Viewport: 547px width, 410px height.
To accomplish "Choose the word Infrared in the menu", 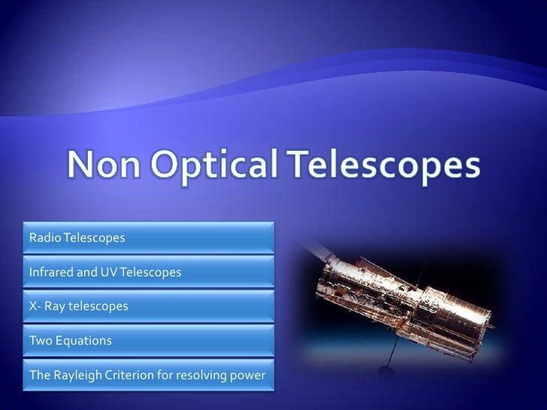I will (52, 272).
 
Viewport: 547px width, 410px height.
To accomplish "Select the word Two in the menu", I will (39, 340).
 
